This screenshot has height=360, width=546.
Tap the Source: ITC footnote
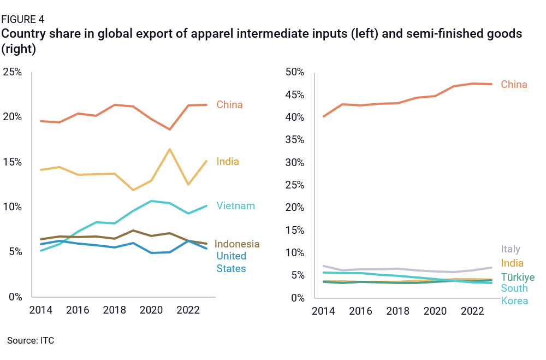coord(31,340)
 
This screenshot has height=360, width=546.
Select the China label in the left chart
coord(229,104)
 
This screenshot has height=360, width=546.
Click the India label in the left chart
coord(228,162)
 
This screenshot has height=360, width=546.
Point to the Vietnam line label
coord(235,206)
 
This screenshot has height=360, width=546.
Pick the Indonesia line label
coord(236,244)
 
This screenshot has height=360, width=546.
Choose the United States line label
coord(231,262)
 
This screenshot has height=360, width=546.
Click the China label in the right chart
coord(514,85)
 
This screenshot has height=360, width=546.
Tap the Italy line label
coord(511,249)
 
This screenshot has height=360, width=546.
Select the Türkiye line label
coord(518,277)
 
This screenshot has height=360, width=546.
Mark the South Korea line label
coord(514,294)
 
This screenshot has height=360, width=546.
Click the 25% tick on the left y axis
coord(12,72)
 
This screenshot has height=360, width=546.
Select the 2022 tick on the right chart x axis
coord(472,311)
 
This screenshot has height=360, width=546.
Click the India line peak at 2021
coord(170,149)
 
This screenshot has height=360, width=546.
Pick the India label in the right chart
coord(512,263)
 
